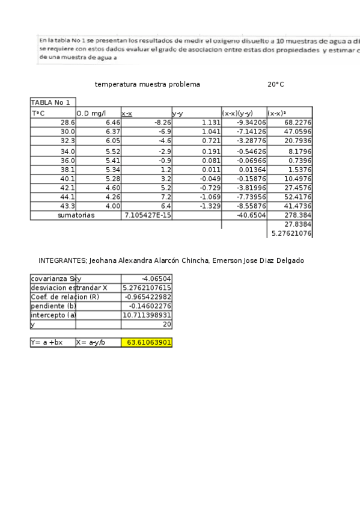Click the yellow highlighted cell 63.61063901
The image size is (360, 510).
[147, 343]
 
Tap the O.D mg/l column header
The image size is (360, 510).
[91, 113]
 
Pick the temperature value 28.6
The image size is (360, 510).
[67, 122]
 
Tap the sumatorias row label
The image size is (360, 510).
[76, 215]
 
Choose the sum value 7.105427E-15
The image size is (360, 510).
[147, 215]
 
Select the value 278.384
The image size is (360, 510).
[299, 215]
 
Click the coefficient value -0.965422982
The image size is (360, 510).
[147, 297]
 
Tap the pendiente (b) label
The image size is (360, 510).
[53, 306]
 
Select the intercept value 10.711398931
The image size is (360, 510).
[147, 315]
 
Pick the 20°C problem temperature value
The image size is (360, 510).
[276, 85]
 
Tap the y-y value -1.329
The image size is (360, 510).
[207, 206]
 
